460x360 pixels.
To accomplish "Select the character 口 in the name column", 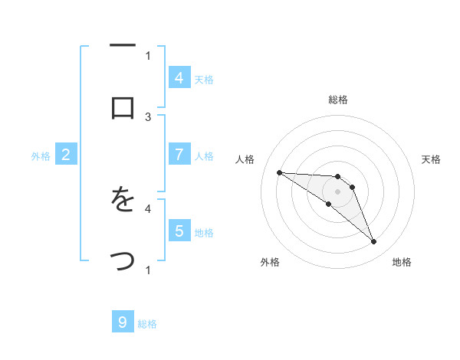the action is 123,108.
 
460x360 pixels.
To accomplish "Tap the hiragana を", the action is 123,201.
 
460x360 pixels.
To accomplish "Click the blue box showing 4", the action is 179,77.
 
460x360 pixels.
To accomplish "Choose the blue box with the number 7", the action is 179,155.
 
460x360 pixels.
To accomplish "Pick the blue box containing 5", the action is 179,231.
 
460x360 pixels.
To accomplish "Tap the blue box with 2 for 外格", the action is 66,155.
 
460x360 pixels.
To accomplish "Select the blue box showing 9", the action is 123,322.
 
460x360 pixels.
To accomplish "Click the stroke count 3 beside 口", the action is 148,116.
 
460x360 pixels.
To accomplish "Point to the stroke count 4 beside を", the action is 148,208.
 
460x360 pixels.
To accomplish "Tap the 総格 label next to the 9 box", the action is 148,324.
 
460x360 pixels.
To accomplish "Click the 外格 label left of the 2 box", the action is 41,156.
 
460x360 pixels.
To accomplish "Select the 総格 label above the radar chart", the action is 338,100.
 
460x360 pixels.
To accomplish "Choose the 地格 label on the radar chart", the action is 402,263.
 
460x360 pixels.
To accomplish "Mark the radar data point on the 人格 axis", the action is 279,172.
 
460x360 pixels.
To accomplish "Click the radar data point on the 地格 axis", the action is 373,242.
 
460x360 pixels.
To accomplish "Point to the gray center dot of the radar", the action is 337,191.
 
